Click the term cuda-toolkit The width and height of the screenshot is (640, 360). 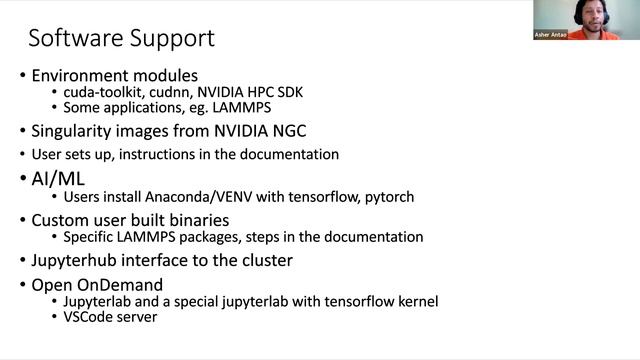point(99,92)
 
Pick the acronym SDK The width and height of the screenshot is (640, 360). point(287,92)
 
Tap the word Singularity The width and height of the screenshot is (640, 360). point(73,130)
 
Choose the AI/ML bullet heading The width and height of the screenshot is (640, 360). point(58,178)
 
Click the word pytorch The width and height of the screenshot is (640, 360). point(386,197)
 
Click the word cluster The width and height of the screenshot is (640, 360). point(261,261)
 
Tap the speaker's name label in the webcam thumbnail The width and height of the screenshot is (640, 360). point(552,35)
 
